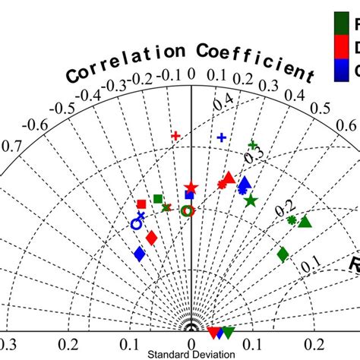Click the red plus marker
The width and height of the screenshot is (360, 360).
click(x=175, y=136)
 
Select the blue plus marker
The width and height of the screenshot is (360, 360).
click(x=222, y=137)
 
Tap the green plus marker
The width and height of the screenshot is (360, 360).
click(x=253, y=144)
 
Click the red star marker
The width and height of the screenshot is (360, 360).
click(x=191, y=188)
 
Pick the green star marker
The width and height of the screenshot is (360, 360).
click(x=251, y=199)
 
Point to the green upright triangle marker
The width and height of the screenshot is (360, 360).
click(x=305, y=221)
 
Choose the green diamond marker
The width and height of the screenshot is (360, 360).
click(x=283, y=254)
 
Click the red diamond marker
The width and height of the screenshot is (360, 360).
click(x=151, y=238)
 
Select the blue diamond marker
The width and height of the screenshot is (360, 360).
click(x=139, y=254)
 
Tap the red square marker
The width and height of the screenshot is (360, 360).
click(x=141, y=204)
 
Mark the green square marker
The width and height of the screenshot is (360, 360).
click(x=158, y=199)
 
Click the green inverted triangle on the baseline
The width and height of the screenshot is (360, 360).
click(x=228, y=332)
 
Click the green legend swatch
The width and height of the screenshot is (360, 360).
click(x=343, y=24)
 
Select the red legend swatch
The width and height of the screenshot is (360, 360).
click(x=343, y=47)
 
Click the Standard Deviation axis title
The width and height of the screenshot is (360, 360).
click(x=181, y=355)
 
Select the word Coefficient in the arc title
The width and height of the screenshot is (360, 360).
click(x=255, y=61)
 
